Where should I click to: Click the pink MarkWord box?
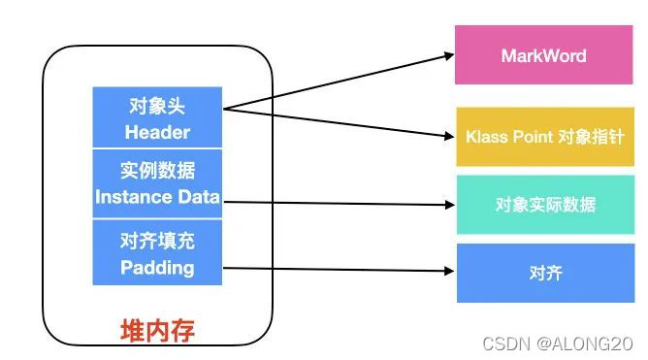pyautogui.click(x=543, y=55)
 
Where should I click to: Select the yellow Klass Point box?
pyautogui.click(x=543, y=137)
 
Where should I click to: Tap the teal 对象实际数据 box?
pyautogui.click(x=543, y=204)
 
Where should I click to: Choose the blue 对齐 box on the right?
pyautogui.click(x=543, y=273)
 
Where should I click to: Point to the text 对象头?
pyautogui.click(x=156, y=105)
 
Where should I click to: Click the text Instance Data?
pyautogui.click(x=157, y=197)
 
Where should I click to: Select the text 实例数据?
pyautogui.click(x=157, y=172)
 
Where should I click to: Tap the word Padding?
pyautogui.click(x=157, y=267)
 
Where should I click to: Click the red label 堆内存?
pyautogui.click(x=157, y=331)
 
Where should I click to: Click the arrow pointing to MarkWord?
pyautogui.click(x=340, y=81)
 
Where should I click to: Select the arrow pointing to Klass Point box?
pyautogui.click(x=340, y=123)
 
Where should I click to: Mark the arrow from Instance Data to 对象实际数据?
pyautogui.click(x=340, y=204)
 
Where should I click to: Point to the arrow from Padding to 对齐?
pyautogui.click(x=340, y=271)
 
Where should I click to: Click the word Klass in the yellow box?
pyautogui.click(x=487, y=137)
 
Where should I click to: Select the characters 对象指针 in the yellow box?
pyautogui.click(x=592, y=137)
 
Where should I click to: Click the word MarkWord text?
pyautogui.click(x=543, y=55)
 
